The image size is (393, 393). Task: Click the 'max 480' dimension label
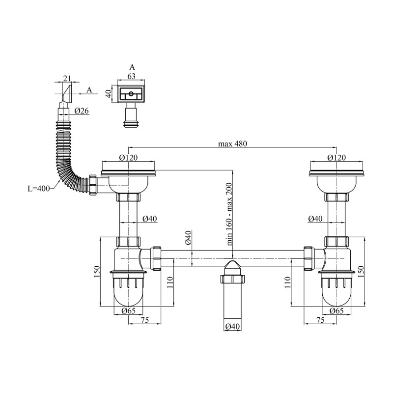(232, 143)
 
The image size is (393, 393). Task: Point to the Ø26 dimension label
(82, 111)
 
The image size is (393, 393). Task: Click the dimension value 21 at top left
(68, 79)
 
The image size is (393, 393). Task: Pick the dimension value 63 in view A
(131, 76)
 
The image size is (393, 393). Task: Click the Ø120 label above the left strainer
(128, 158)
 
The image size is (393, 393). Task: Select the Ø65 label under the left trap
(128, 310)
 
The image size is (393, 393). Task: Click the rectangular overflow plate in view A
(131, 93)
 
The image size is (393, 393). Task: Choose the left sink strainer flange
(128, 172)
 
